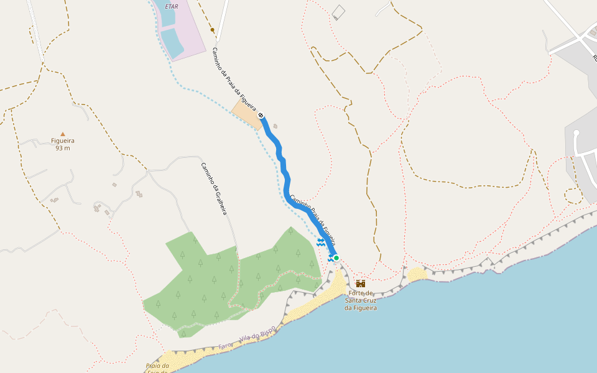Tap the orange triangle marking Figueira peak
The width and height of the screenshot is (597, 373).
pyautogui.click(x=63, y=133)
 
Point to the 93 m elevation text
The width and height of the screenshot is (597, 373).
pyautogui.click(x=62, y=148)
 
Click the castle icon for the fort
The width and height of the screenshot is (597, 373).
pyautogui.click(x=360, y=283)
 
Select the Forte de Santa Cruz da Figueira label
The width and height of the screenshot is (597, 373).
pyautogui.click(x=361, y=300)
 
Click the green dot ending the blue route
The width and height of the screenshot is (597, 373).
pyautogui.click(x=336, y=257)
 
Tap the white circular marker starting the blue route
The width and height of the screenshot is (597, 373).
pyautogui.click(x=261, y=116)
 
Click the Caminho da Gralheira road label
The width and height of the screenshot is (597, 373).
pyautogui.click(x=213, y=188)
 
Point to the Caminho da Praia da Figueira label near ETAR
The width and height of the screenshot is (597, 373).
pyautogui.click(x=234, y=80)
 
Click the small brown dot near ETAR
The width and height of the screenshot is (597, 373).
pyautogui.click(x=213, y=29)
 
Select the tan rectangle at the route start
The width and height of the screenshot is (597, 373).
pyautogui.click(x=246, y=114)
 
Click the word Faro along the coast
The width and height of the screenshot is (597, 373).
pyautogui.click(x=226, y=345)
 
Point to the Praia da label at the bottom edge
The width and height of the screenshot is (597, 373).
pyautogui.click(x=157, y=366)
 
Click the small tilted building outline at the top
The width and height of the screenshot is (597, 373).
pyautogui.click(x=339, y=12)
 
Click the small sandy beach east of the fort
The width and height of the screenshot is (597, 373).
pyautogui.click(x=417, y=274)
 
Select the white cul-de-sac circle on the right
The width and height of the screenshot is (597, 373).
pyautogui.click(x=576, y=133)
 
